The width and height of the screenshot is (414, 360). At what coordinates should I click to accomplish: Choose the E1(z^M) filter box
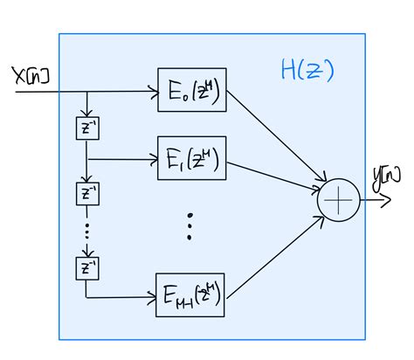(x=190, y=159)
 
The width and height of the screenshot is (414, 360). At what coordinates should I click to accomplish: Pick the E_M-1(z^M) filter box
(x=190, y=295)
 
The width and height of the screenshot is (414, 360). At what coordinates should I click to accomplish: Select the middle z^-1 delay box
(x=86, y=192)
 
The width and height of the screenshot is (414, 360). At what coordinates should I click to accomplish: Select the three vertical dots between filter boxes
(x=190, y=225)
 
